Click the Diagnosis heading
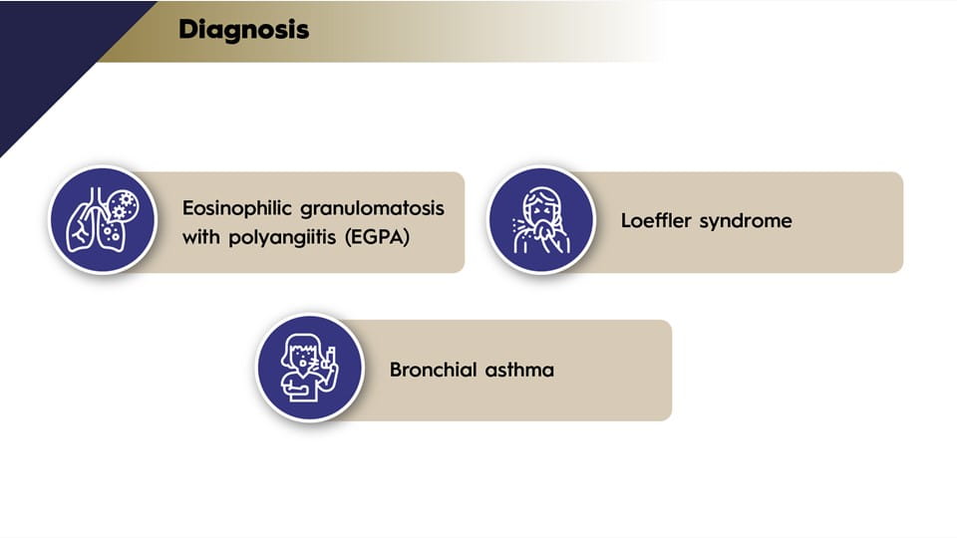coord(243,29)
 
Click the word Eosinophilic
coord(237,208)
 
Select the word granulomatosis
coord(372,209)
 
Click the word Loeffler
coord(656,220)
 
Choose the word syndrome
coord(746,221)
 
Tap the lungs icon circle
coord(103,220)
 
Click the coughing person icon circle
coord(540,220)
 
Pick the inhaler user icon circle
coord(310,368)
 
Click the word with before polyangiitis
coord(201,236)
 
